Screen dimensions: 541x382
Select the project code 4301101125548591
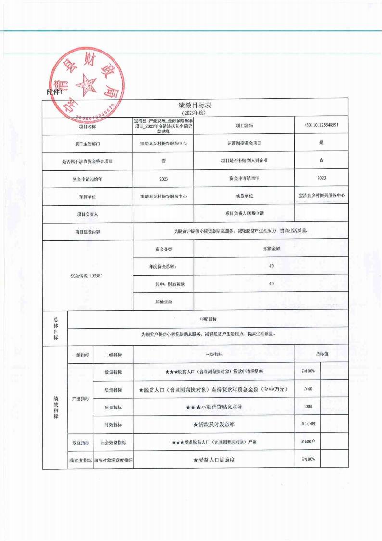pyautogui.click(x=321, y=125)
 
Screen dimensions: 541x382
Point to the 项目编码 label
pyautogui.click(x=244, y=126)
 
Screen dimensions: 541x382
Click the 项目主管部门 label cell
pyautogui.click(x=87, y=144)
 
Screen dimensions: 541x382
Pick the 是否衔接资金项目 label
pyautogui.click(x=244, y=143)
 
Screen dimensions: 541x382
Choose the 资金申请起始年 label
pyautogui.click(x=87, y=179)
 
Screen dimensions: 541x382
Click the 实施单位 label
pyautogui.click(x=244, y=196)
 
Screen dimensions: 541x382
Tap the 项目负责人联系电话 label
pyautogui.click(x=244, y=213)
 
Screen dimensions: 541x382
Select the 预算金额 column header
pyautogui.click(x=271, y=249)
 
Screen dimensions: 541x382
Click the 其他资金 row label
pyautogui.click(x=164, y=302)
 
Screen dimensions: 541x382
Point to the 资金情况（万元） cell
pyautogui.click(x=87, y=276)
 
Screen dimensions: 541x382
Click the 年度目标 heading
pyautogui.click(x=208, y=319)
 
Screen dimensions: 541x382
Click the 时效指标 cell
pyautogui.click(x=113, y=425)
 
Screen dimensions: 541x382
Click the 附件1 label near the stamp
pyautogui.click(x=55, y=92)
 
